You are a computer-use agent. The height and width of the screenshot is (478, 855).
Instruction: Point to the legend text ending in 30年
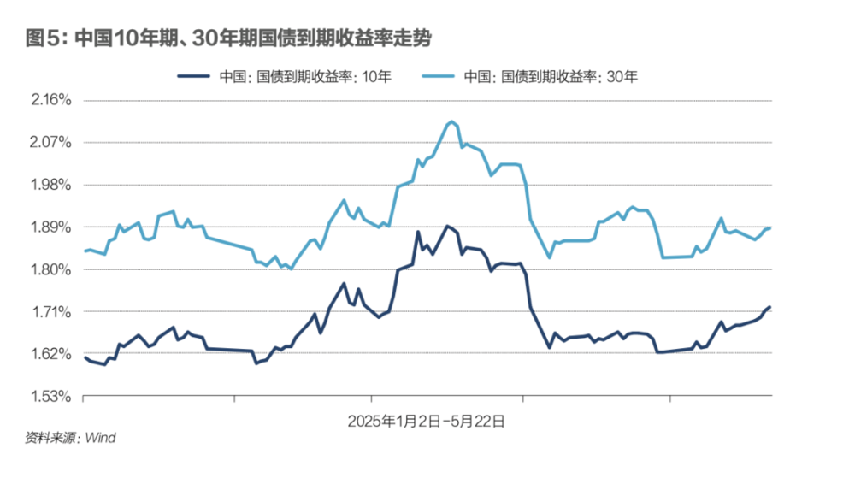pos(551,76)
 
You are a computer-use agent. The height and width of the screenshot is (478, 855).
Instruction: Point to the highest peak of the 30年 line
pos(451,121)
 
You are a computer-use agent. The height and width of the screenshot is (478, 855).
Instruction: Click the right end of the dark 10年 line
pos(770,307)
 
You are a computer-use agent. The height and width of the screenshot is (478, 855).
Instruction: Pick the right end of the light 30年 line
pos(770,227)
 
